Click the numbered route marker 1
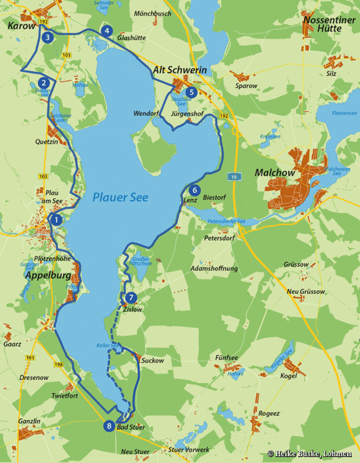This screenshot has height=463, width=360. point(57,219)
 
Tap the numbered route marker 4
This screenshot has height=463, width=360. point(106,31)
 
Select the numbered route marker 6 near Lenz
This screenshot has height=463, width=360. point(194,189)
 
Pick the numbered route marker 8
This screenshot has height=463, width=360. point(108,426)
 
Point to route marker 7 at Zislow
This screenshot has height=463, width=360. point(131,297)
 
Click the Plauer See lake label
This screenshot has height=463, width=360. point(120,197)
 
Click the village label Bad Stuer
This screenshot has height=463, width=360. point(130,427)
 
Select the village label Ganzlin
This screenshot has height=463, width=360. point(30,421)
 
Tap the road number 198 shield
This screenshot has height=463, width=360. point(42,365)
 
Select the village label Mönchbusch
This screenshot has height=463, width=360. point(152,13)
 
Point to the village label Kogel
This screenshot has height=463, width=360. point(289,376)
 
